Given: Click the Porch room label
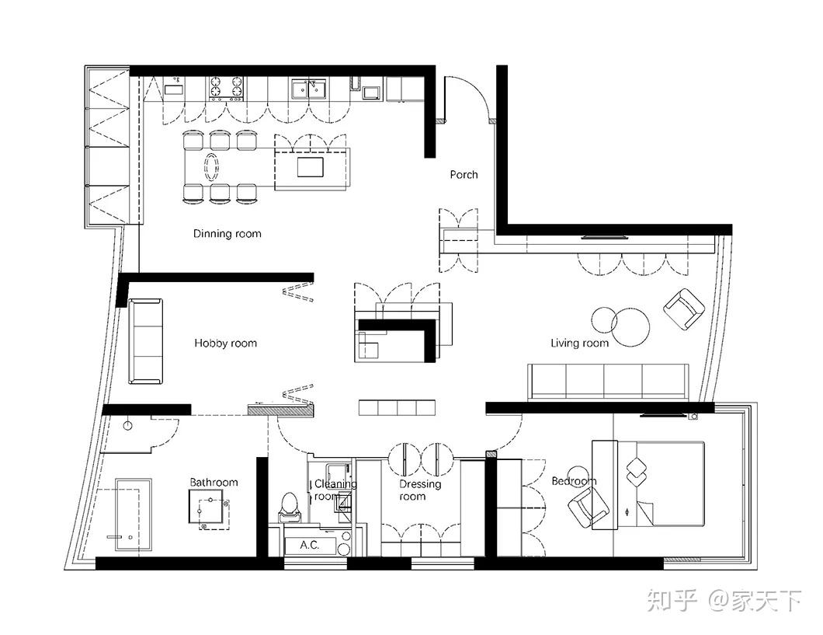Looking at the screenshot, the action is [464, 174].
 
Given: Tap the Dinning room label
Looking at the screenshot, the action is [227, 234].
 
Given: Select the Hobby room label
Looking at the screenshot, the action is [226, 344].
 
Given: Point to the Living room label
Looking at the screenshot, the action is [579, 344].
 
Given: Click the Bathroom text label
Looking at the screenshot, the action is [214, 482].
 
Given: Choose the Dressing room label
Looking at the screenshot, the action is [420, 490].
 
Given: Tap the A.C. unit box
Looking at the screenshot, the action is [310, 546].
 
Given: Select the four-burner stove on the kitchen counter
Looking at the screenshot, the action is [227, 89].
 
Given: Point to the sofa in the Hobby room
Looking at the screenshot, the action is [145, 341].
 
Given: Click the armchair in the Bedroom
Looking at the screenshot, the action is [589, 507].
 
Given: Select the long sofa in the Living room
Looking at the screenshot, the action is [609, 382].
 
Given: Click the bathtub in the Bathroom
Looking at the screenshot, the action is [134, 515].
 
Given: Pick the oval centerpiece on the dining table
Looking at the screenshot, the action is [211, 167].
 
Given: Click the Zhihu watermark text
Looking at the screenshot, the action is [724, 600].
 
